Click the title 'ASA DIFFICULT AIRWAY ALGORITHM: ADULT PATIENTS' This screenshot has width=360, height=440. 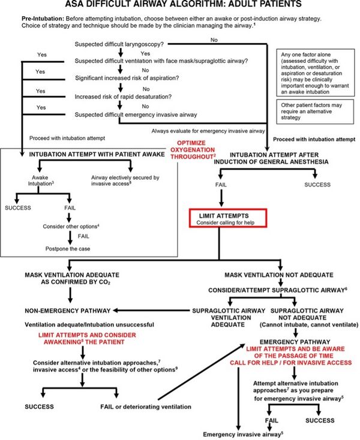coord(179,5)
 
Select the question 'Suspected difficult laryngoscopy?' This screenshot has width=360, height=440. coord(119,45)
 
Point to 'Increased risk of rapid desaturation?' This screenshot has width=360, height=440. coord(118,95)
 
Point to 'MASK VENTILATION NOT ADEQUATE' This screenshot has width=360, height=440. coord(277,275)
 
